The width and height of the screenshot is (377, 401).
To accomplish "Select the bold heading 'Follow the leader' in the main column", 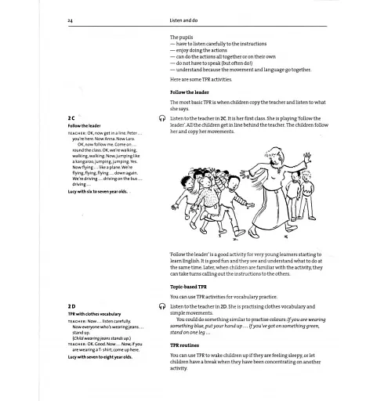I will (x=192, y=92).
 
